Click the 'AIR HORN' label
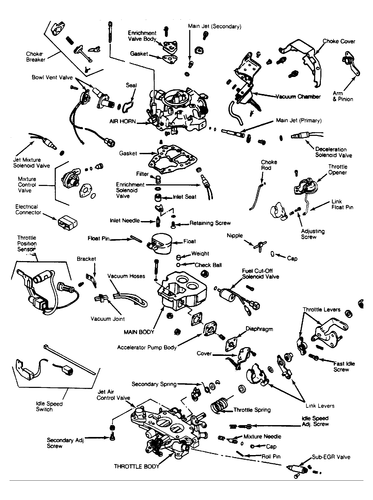coord(123,121)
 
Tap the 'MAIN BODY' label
coord(139,332)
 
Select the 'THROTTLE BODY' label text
coord(137,466)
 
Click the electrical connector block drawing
coord(68,222)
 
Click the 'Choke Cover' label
coord(339,41)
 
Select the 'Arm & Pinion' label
coord(343,96)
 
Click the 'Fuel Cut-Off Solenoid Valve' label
coord(260,274)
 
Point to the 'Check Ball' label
coord(208,265)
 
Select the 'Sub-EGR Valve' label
coord(331,457)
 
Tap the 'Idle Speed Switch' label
coord(49,407)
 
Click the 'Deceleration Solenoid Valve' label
coord(334,152)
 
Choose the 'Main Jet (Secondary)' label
coord(215,26)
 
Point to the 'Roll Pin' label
coord(271,456)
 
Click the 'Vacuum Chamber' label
coord(298,97)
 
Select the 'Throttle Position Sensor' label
coord(27,244)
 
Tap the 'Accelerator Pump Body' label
coord(147,348)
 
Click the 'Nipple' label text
coord(235,236)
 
